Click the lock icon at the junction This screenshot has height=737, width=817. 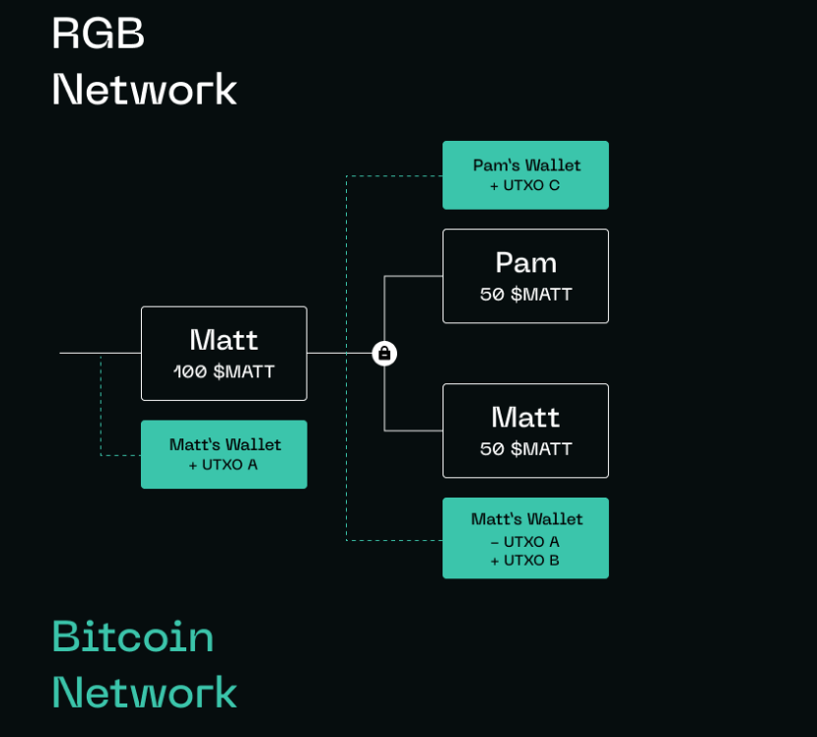tap(384, 353)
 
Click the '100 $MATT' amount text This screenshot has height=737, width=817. tap(224, 372)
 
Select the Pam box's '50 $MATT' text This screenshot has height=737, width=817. tap(525, 295)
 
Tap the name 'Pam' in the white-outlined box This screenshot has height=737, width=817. tap(525, 262)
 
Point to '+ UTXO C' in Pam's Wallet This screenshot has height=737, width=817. tap(524, 185)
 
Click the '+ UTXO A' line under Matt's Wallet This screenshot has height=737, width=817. tap(223, 464)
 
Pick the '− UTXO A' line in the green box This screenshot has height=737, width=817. tap(524, 542)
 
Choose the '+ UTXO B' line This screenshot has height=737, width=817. tap(524, 561)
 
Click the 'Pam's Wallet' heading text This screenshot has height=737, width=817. tap(526, 166)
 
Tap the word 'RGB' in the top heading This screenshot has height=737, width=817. tap(99, 33)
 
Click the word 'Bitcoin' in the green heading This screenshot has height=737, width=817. tap(133, 636)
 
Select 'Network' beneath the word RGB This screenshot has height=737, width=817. tap(144, 90)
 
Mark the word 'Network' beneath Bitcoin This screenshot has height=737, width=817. tap(144, 692)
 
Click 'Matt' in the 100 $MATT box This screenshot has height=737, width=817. tap(224, 340)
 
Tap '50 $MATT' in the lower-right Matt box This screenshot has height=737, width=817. tap(525, 449)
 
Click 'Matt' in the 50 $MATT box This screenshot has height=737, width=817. tap(525, 417)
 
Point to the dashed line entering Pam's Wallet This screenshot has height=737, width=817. tap(394, 176)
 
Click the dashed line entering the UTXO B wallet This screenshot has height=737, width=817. tap(394, 540)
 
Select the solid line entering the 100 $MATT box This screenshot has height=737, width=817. tap(99, 353)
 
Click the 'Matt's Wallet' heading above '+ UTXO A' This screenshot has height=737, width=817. tap(225, 444)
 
